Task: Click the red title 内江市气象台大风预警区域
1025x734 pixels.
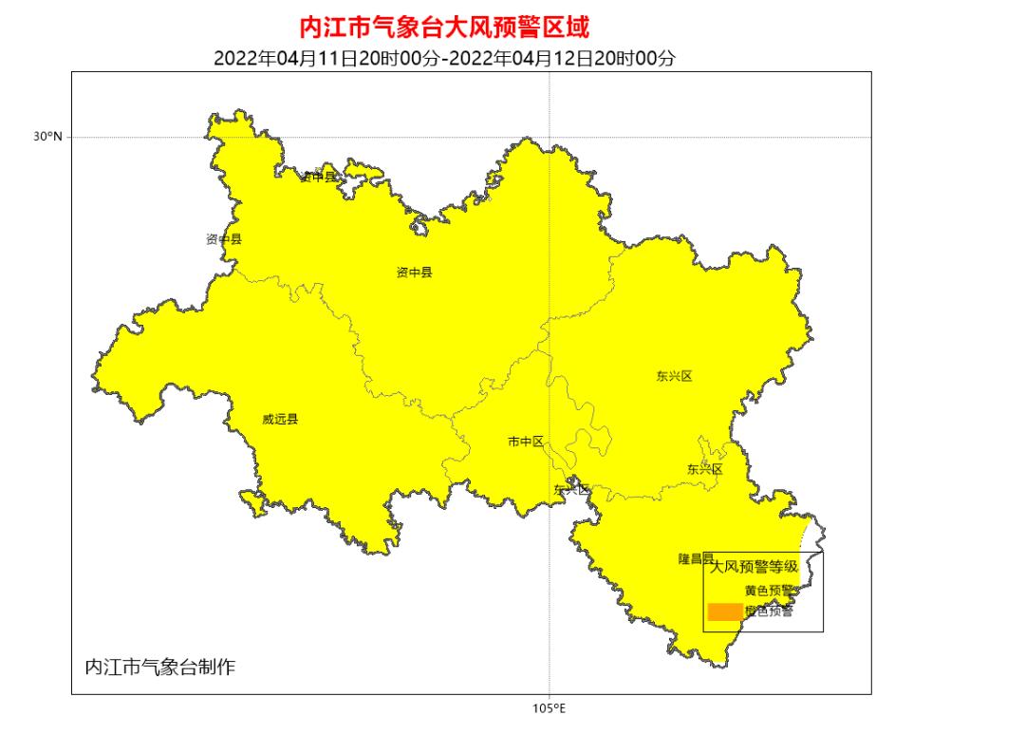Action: [x=443, y=26]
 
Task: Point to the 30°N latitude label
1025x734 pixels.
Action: [x=47, y=137]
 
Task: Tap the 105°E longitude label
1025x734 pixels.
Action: [x=549, y=707]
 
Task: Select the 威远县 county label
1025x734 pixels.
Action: [x=280, y=419]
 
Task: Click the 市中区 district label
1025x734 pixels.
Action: [x=525, y=442]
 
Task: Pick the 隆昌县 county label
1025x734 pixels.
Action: [x=695, y=558]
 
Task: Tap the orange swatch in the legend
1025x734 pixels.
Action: [x=724, y=612]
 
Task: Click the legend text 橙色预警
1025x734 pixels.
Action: [x=769, y=612]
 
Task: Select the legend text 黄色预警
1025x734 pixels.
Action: [x=769, y=591]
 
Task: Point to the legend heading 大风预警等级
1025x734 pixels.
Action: [x=754, y=567]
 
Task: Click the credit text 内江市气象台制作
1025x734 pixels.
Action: [x=159, y=667]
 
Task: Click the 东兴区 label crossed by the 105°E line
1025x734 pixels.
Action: [x=571, y=489]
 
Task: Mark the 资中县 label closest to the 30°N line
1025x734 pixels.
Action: [x=318, y=177]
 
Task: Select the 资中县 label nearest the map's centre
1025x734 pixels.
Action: [x=414, y=273]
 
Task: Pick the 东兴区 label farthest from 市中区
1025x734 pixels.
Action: [x=674, y=376]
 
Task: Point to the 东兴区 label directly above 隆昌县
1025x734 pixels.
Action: [x=704, y=469]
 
